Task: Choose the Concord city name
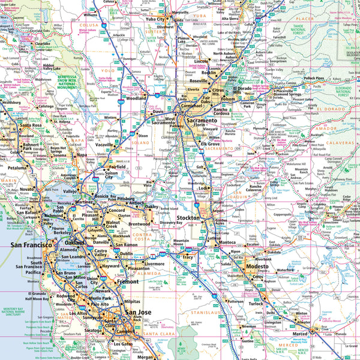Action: click(116, 211)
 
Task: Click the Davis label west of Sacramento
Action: click(158, 112)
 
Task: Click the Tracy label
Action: click(188, 257)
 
